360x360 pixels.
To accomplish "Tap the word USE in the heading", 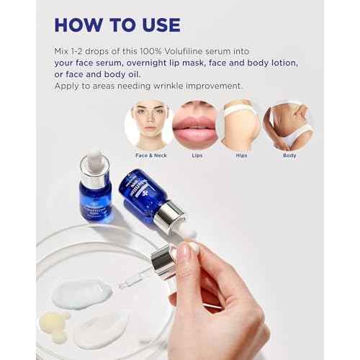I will click(155, 24).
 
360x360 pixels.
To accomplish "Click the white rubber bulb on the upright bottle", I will click(94, 160).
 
